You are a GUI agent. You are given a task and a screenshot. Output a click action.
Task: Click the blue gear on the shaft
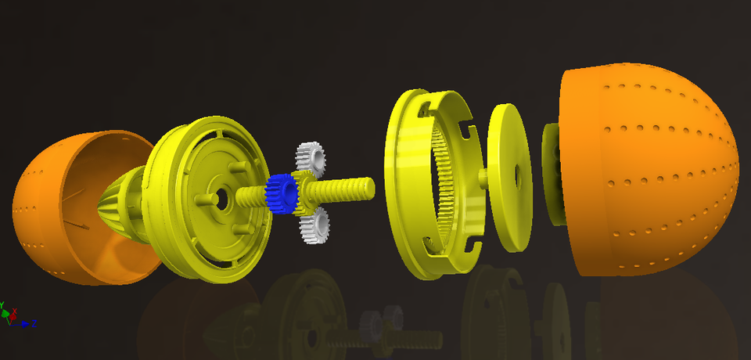[x=278, y=193]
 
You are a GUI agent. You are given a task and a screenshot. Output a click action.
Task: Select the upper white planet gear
[x=311, y=159]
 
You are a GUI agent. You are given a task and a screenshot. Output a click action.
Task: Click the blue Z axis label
[x=34, y=322]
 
